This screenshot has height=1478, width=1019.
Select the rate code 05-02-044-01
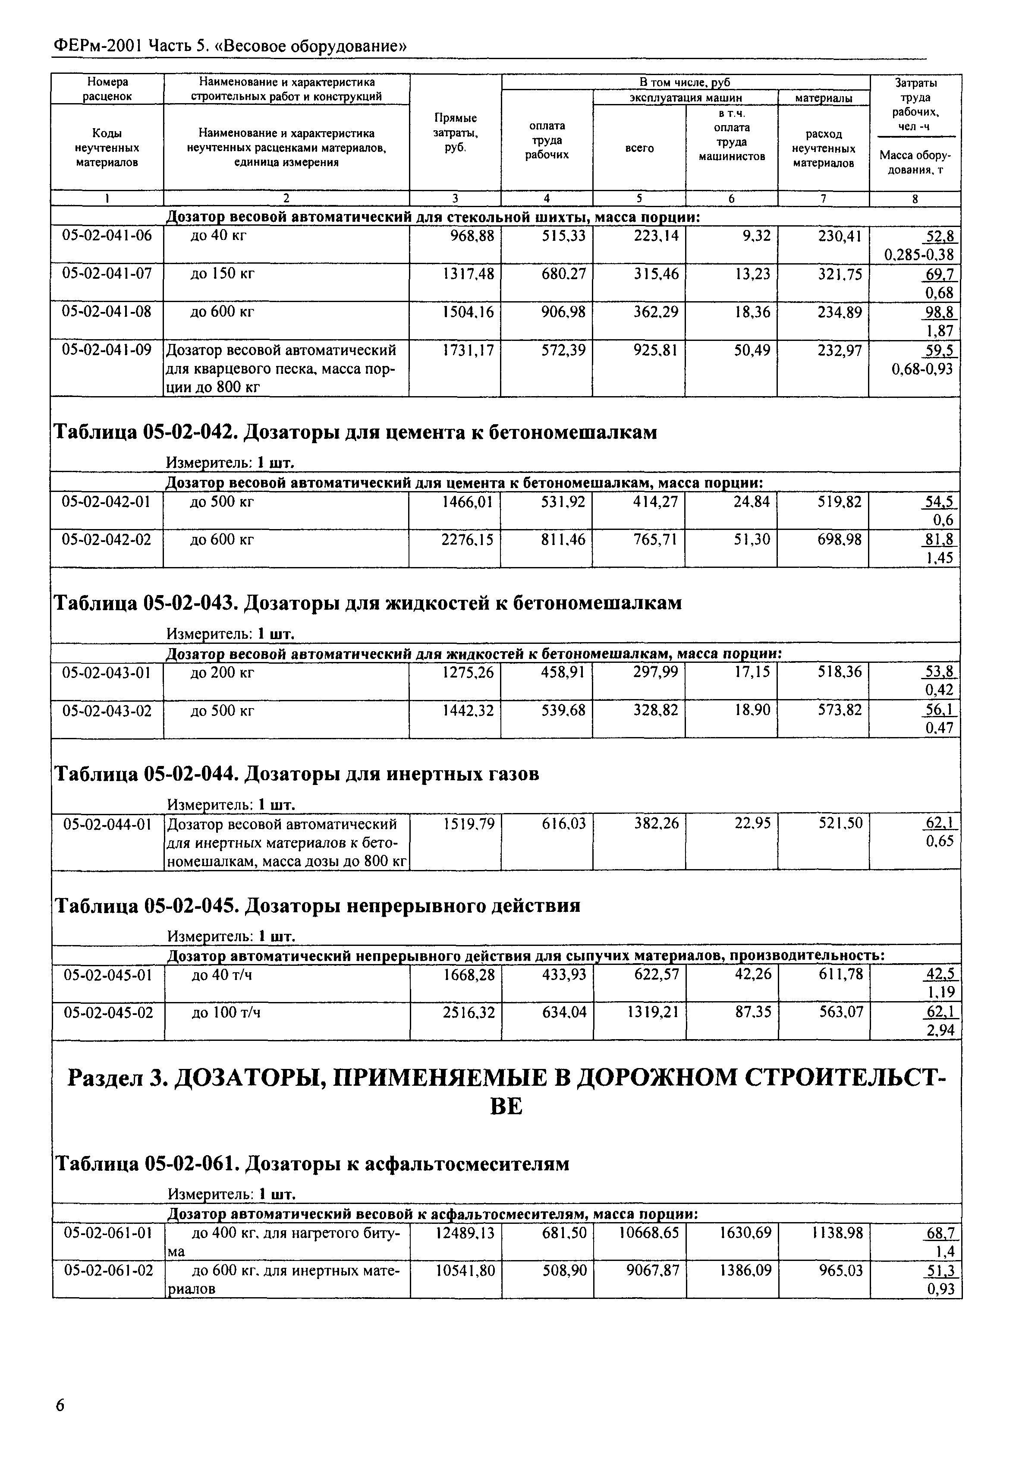(107, 824)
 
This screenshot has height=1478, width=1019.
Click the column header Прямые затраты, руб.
(455, 133)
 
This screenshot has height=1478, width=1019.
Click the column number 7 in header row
(823, 199)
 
